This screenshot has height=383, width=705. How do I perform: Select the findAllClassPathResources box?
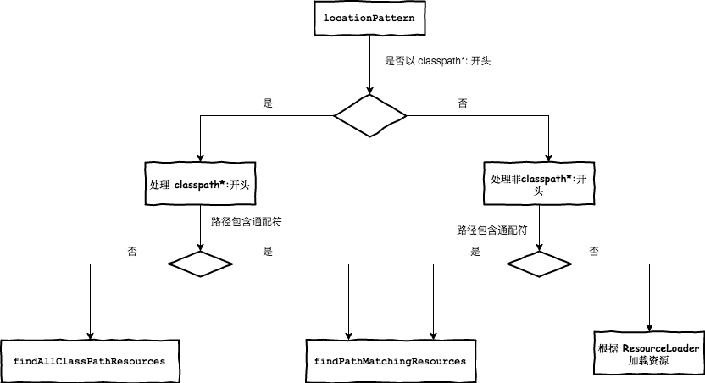coord(89,361)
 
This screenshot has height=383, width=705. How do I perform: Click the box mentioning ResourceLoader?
coord(649,354)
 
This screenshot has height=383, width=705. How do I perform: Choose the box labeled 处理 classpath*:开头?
coord(200,184)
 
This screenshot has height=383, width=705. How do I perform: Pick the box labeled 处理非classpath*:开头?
coord(538,185)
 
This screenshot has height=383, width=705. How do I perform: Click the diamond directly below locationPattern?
coord(370,115)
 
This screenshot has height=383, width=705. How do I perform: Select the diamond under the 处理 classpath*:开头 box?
coord(200,264)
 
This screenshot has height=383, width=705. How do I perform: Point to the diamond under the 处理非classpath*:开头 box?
coord(539,264)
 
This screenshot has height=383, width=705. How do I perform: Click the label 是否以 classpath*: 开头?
coord(432,62)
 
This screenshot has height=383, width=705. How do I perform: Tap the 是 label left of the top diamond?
coord(268,103)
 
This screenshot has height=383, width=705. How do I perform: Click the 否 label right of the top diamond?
coord(462,103)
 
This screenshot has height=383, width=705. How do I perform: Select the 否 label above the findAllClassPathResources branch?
coord(132,252)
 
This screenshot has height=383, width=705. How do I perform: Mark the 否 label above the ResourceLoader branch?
coord(594,252)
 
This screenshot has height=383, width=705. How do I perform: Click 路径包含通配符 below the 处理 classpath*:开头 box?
coord(247,221)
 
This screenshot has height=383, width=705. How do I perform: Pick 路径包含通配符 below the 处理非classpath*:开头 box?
coord(492,230)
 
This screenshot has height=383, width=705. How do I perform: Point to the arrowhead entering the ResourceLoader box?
coord(649,328)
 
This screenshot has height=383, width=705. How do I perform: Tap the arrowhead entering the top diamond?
coord(370,90)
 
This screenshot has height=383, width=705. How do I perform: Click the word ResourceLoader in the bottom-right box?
coord(661,348)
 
